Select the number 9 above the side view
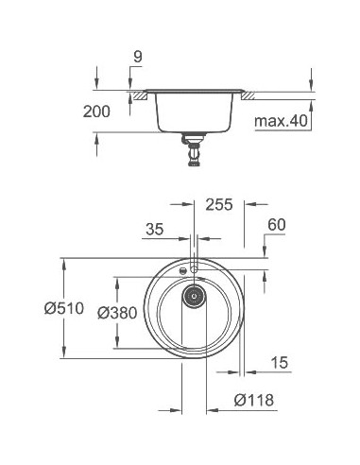click(x=138, y=58)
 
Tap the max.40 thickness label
click(x=280, y=121)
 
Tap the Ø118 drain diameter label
click(x=252, y=400)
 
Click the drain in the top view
click(x=195, y=296)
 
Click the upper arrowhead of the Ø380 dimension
click(x=117, y=281)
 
